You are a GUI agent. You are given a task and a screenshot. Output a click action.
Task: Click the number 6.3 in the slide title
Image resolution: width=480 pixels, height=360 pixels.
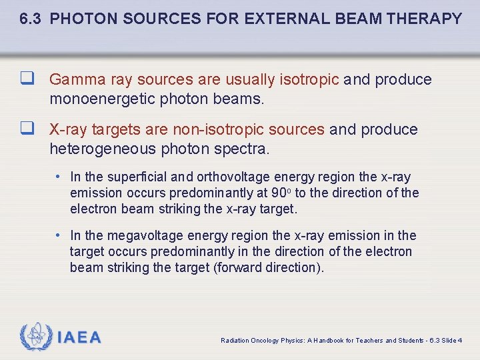click(x=32, y=19)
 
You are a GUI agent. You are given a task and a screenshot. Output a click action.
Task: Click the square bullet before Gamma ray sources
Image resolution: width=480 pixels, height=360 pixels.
click(x=27, y=79)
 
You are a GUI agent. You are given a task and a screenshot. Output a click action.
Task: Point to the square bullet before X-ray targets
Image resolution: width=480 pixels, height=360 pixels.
click(x=27, y=129)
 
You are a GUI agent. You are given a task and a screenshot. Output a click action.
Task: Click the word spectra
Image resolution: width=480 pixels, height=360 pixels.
click(x=244, y=149)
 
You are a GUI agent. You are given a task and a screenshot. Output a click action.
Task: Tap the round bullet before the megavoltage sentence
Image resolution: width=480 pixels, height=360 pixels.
click(x=59, y=235)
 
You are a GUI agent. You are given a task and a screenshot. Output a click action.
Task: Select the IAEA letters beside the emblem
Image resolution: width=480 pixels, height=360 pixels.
click(x=79, y=337)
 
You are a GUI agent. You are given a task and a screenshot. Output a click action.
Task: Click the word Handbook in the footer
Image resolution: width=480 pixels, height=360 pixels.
click(x=331, y=341)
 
